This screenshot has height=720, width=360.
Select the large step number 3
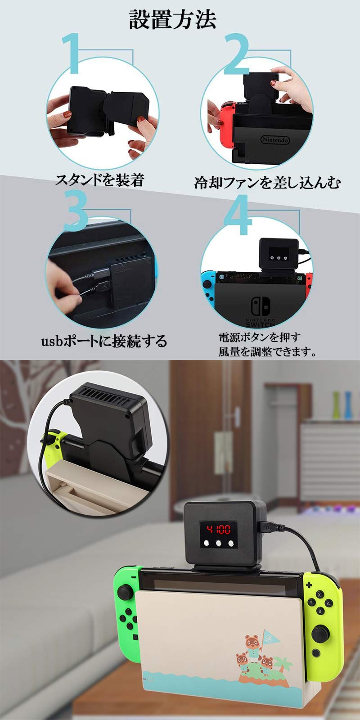point(76,210)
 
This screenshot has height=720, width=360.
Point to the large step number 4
point(238,215)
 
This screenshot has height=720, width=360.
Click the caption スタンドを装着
point(99,180)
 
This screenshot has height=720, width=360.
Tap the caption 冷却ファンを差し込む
point(267,182)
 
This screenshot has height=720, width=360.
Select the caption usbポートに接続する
point(104,341)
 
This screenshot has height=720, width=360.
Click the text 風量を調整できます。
point(267,351)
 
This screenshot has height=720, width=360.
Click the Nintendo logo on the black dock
point(275,140)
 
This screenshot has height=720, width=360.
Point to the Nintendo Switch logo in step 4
point(260,310)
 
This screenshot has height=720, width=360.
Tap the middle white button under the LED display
point(219,543)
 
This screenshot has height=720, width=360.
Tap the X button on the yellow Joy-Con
point(319,594)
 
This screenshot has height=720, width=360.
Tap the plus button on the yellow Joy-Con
point(309,585)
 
